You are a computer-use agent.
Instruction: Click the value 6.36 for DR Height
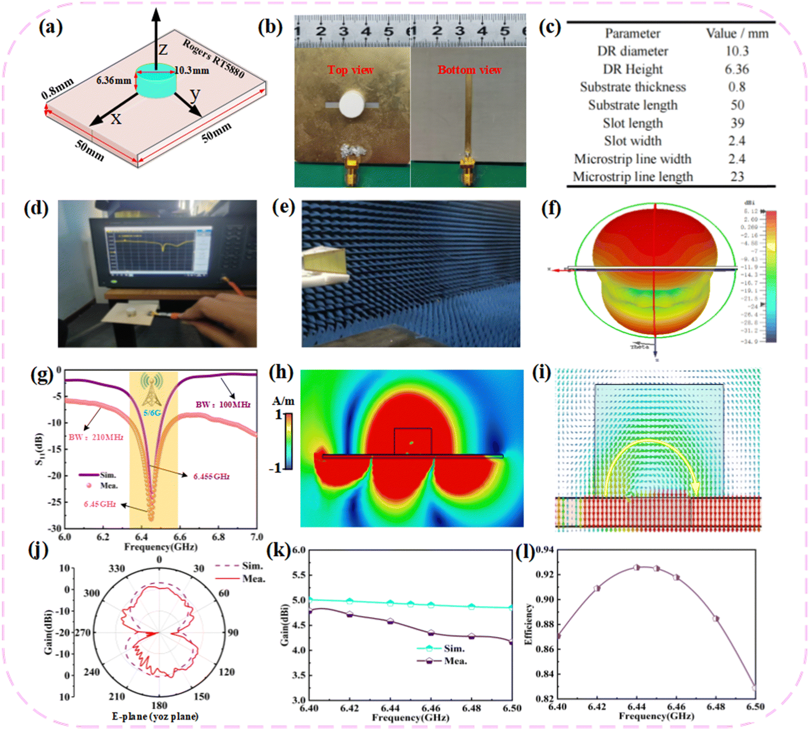tap(737, 69)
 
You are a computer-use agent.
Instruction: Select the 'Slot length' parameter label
tap(632, 123)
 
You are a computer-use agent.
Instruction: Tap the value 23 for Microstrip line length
tap(737, 177)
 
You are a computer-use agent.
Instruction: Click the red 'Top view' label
tap(350, 70)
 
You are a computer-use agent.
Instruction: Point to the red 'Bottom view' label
tap(469, 70)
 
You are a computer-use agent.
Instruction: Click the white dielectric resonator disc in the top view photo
tap(352, 103)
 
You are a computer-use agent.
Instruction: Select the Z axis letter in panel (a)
tap(163, 49)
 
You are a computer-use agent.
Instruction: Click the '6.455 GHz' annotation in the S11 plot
tap(211, 476)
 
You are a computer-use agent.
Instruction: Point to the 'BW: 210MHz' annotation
tap(96, 437)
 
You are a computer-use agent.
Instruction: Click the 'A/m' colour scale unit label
tap(283, 401)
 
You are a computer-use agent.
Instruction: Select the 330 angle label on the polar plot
tap(117, 569)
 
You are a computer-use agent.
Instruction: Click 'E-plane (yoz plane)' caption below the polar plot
tap(155, 717)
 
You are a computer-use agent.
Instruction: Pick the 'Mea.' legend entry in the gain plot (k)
tap(455, 661)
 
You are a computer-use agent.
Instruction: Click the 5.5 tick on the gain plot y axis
tap(299, 575)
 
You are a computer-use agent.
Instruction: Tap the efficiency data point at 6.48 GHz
tap(716, 619)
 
